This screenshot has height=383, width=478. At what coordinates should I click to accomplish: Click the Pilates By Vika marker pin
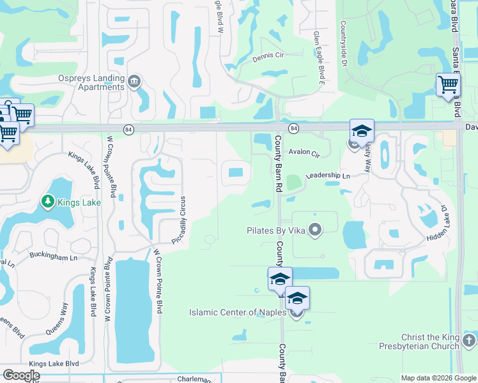point(314,229)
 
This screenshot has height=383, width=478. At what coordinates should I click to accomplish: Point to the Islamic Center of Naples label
point(239,313)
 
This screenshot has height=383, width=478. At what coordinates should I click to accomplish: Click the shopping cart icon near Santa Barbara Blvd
point(448,84)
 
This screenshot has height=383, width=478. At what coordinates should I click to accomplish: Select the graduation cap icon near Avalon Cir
point(362,131)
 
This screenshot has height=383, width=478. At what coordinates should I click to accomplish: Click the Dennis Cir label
point(268,56)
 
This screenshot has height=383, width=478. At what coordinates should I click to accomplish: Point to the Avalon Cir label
point(304,153)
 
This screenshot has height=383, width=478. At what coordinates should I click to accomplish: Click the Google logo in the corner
point(20,375)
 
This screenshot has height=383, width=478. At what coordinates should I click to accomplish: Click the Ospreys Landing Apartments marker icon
point(134,81)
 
